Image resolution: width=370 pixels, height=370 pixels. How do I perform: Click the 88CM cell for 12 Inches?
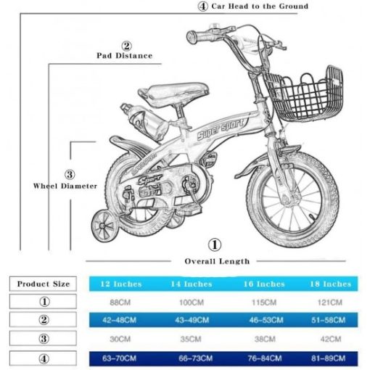[x=120, y=303]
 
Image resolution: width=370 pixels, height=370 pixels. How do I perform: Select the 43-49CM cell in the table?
[x=192, y=320]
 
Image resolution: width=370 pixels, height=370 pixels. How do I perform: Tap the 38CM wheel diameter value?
[x=265, y=339]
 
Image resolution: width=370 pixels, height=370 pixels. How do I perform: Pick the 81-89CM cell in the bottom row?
[x=329, y=358]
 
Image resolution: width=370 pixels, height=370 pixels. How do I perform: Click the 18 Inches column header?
[x=331, y=284]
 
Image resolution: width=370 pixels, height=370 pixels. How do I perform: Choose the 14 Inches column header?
[x=192, y=284]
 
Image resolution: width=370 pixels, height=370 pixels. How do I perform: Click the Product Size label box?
[x=43, y=284]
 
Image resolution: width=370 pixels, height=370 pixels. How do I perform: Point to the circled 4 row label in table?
[x=43, y=358]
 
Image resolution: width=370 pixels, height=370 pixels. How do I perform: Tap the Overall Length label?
[x=217, y=261]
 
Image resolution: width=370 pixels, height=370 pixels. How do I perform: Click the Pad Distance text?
[x=125, y=56]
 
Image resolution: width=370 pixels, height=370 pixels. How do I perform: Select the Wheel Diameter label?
[x=65, y=186]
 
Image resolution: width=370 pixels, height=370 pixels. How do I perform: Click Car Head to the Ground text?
[x=260, y=6]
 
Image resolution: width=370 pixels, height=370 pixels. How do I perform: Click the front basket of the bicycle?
[x=305, y=94]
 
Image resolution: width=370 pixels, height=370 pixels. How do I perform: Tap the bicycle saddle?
[x=173, y=93]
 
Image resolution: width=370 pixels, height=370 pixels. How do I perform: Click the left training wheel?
[x=104, y=226]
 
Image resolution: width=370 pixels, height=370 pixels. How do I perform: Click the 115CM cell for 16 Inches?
[x=264, y=303]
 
